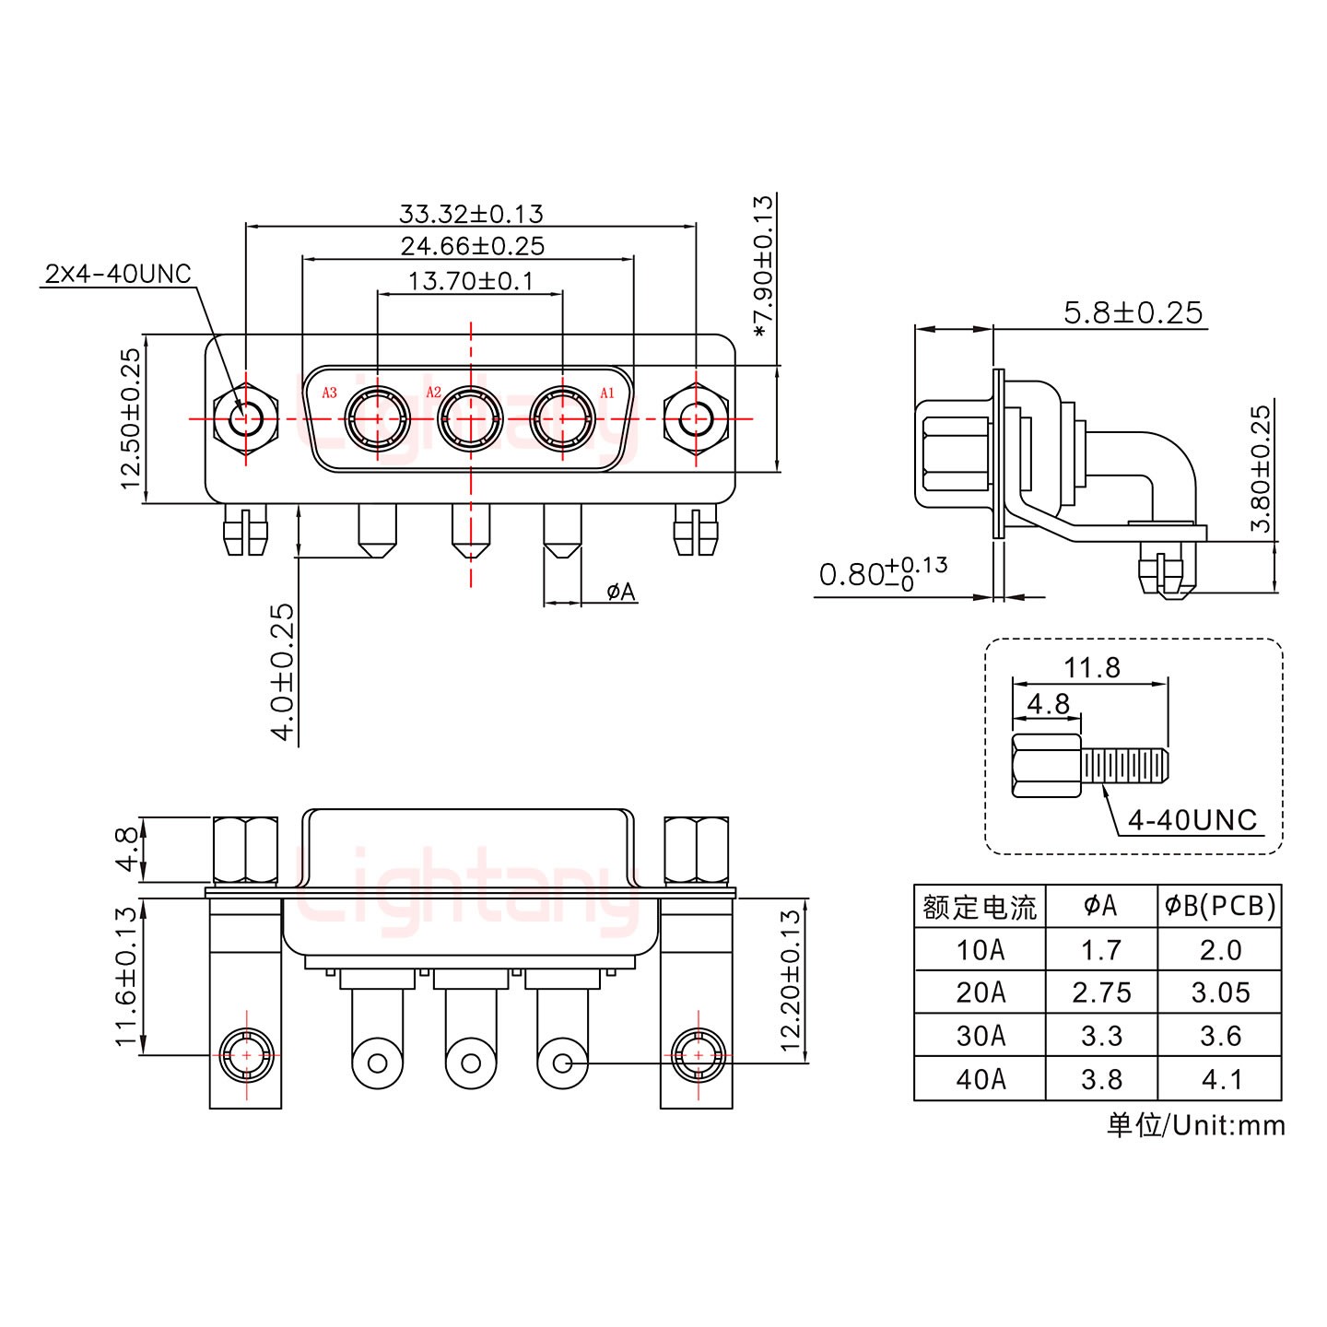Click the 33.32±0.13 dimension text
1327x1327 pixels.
pos(471,214)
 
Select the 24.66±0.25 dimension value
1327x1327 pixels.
pos(472,246)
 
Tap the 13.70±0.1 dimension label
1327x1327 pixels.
pos(470,280)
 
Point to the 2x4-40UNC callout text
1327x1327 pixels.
pos(117,274)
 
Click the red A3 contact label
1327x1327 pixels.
pos(329,393)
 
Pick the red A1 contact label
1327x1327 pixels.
pos(607,393)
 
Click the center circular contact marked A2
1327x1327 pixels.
pos(471,419)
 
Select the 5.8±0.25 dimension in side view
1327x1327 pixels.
pos(1133,313)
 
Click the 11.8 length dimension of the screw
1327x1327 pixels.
pos(1092,667)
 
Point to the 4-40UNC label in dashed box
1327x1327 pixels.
pos(1192,819)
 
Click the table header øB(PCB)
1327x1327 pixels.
pos(1219,907)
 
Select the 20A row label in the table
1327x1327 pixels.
pos(980,992)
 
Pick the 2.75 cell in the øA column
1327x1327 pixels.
pos(1101,992)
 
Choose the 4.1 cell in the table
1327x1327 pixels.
pos(1220,1078)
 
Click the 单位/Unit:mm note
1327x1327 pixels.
pos(1195,1125)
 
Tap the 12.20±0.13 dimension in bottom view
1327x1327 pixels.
pos(791,981)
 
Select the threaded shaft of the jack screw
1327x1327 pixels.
pos(1125,765)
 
